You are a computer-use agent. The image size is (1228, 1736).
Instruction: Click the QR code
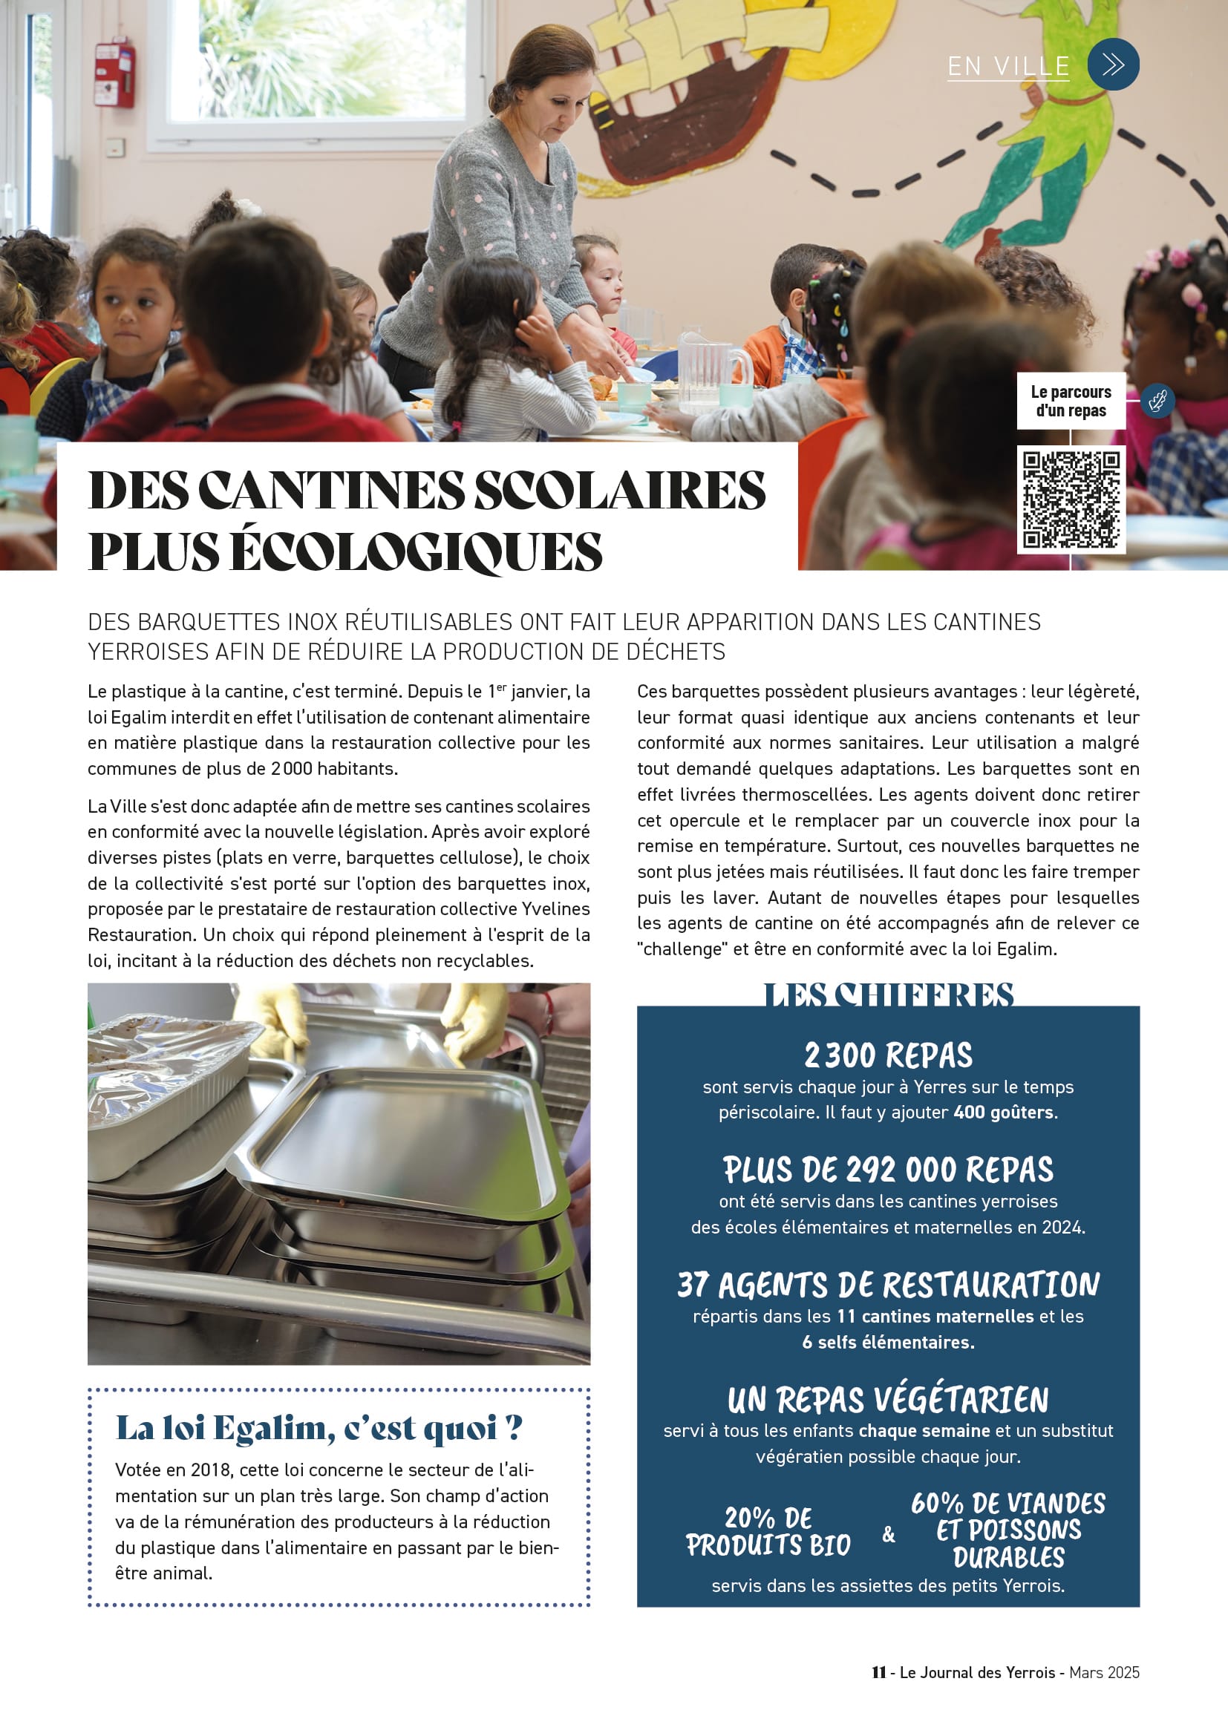pyautogui.click(x=1071, y=499)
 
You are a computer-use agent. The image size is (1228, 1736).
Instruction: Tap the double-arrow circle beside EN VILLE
pyautogui.click(x=1112, y=65)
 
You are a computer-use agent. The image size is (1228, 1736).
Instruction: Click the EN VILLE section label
pyautogui.click(x=1008, y=67)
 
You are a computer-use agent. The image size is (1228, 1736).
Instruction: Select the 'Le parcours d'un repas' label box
pyautogui.click(x=1071, y=402)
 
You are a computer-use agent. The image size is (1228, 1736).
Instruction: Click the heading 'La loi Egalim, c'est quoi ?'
pyautogui.click(x=319, y=1428)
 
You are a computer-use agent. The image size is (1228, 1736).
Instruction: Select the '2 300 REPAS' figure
pyautogui.click(x=888, y=1056)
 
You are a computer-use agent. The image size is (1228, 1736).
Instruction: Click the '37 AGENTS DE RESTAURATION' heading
pyautogui.click(x=888, y=1285)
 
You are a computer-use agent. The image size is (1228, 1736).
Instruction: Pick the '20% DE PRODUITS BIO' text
pyautogui.click(x=768, y=1532)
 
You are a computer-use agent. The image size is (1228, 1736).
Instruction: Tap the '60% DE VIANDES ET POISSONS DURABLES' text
pyautogui.click(x=1008, y=1530)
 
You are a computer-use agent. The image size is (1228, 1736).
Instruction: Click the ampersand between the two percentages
pyautogui.click(x=889, y=1534)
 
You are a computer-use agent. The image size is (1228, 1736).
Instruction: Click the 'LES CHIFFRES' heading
pyautogui.click(x=888, y=995)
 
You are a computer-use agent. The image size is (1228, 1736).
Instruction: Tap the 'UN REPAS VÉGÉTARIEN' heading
pyautogui.click(x=888, y=1401)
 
